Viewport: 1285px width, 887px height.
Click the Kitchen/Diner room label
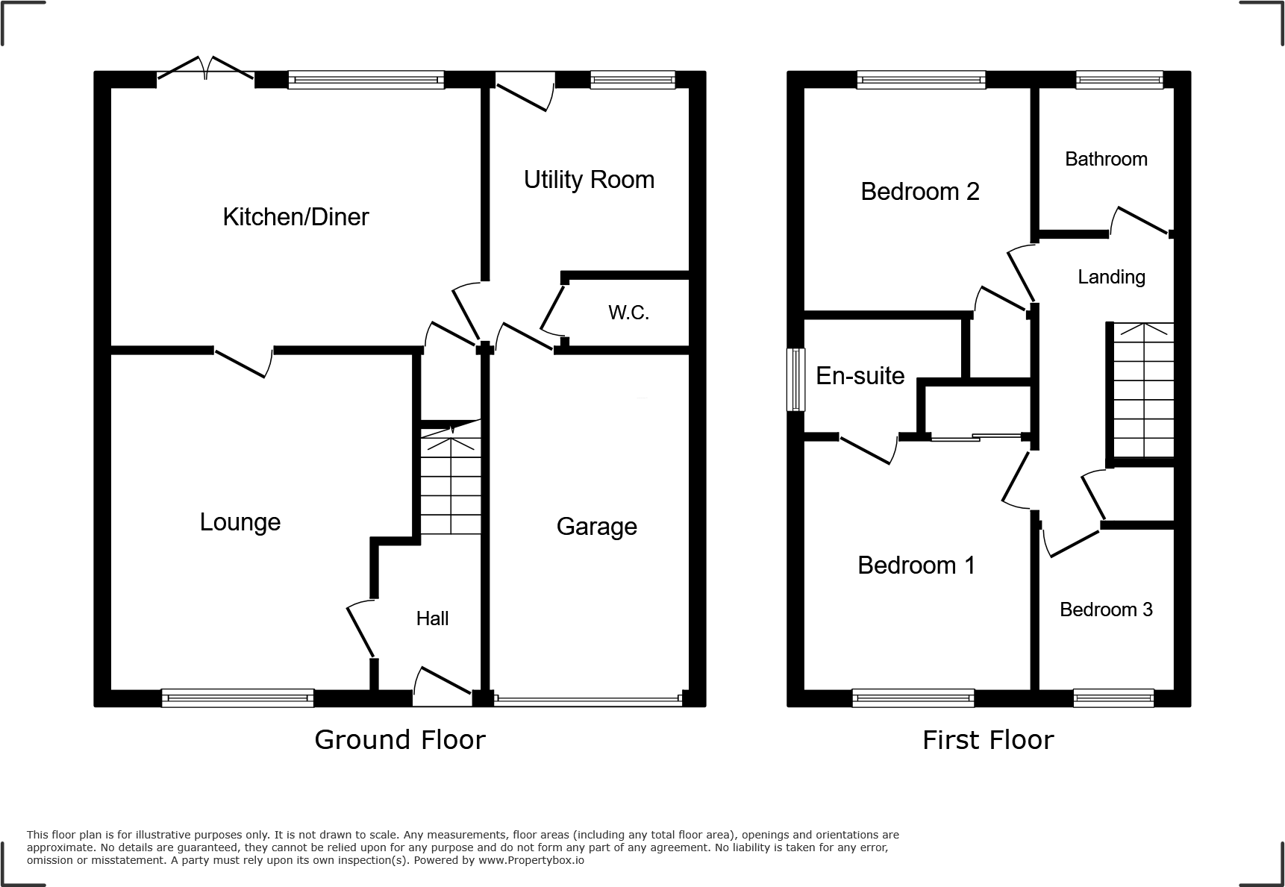296,217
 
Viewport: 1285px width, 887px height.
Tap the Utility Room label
589,180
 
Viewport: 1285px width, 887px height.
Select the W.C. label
628,313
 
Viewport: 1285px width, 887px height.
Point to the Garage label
596,527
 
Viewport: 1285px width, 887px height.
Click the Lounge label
240,522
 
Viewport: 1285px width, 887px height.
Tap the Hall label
432,618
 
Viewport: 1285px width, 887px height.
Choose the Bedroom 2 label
919,192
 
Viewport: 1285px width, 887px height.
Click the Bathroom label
1106,159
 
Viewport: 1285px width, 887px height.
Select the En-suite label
860,376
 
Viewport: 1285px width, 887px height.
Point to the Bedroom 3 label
1106,609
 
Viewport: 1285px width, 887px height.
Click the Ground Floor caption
399,740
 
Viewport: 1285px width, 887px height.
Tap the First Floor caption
987,740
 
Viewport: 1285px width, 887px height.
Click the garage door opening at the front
587,700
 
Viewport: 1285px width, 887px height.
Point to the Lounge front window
237,698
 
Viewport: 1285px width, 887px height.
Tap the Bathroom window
1119,80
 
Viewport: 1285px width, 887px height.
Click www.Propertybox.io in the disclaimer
531,860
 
